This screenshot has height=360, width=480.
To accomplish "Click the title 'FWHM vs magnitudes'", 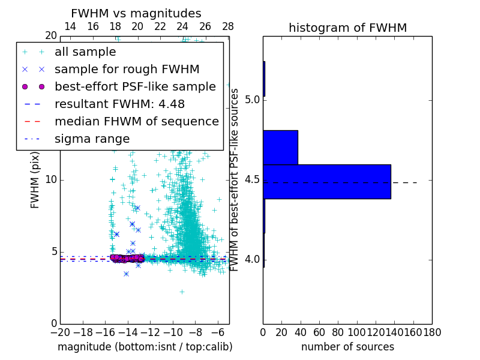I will (136, 14).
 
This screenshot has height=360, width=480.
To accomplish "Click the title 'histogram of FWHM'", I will (347, 28).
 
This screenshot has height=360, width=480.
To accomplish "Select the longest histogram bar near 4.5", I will (327, 181).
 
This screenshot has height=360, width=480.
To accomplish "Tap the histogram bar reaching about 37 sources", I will (280, 147).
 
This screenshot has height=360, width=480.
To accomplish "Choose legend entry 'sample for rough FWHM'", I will (127, 69).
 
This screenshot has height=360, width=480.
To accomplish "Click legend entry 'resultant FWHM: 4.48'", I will (125, 104).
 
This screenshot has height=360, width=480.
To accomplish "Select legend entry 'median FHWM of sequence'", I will (136, 121).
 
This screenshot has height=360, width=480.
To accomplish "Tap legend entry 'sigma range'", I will (92, 139).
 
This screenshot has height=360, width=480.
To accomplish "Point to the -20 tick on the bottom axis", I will (60, 332).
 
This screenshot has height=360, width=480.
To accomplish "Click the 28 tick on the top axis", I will (228, 26).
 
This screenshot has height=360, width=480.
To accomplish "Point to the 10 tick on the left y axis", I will (51, 180).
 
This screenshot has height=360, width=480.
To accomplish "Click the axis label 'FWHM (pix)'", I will (35, 180).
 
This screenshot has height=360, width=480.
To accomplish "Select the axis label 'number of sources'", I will (347, 347).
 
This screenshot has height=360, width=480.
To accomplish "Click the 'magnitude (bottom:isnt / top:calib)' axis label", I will (145, 347).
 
